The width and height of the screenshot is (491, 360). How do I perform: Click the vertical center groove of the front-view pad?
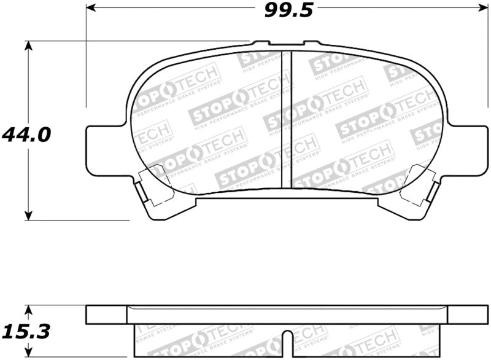pos(286,120)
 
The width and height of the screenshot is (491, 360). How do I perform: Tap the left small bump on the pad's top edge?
pos(261,43)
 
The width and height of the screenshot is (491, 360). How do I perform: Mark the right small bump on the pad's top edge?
pos(312,43)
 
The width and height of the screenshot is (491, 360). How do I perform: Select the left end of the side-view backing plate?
pos(106,315)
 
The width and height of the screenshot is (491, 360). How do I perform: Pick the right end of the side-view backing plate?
pos(467,315)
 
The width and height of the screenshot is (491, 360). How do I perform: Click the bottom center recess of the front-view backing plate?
pos(286,196)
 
